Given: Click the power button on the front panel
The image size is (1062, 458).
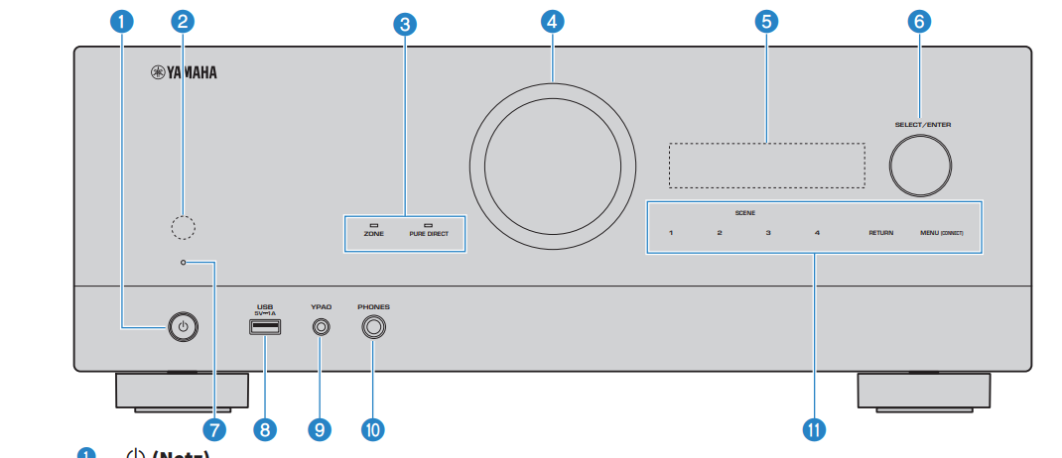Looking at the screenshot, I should click(181, 326).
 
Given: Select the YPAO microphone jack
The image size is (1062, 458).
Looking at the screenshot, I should click(320, 326).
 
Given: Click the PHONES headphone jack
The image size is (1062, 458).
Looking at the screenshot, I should click(374, 326).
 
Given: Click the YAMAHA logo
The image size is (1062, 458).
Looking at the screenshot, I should click(184, 72).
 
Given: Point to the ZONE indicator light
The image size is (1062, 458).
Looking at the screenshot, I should click(374, 225).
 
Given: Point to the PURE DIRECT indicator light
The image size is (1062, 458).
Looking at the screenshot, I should click(429, 225).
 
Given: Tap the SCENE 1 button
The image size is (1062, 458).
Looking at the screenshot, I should click(671, 234).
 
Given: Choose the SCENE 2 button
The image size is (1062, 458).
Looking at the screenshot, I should click(720, 234).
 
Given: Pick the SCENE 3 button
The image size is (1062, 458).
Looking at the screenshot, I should click(768, 234).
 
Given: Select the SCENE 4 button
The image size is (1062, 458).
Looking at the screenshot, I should click(817, 234).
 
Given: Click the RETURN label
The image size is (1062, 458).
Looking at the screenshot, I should click(880, 234).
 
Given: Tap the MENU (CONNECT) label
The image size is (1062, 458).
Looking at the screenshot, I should click(941, 234).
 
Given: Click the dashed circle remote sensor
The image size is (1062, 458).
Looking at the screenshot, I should click(183, 227).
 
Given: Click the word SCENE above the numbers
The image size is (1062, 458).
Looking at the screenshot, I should click(744, 213).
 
